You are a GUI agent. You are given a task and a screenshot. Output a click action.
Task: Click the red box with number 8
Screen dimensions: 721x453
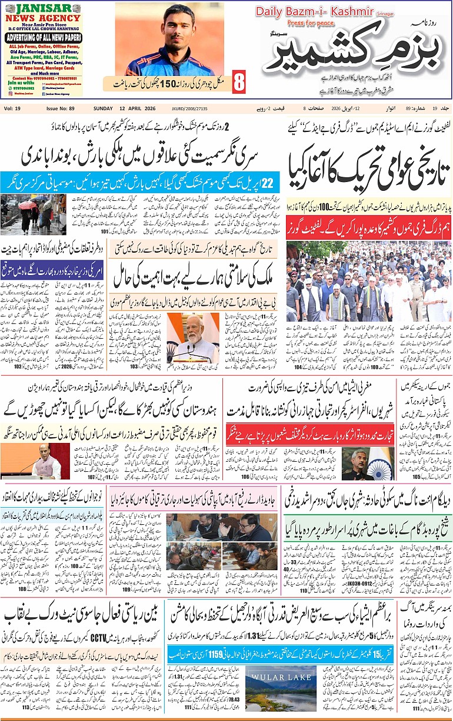238,82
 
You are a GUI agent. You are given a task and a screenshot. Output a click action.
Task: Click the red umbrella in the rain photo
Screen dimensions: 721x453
28,205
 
